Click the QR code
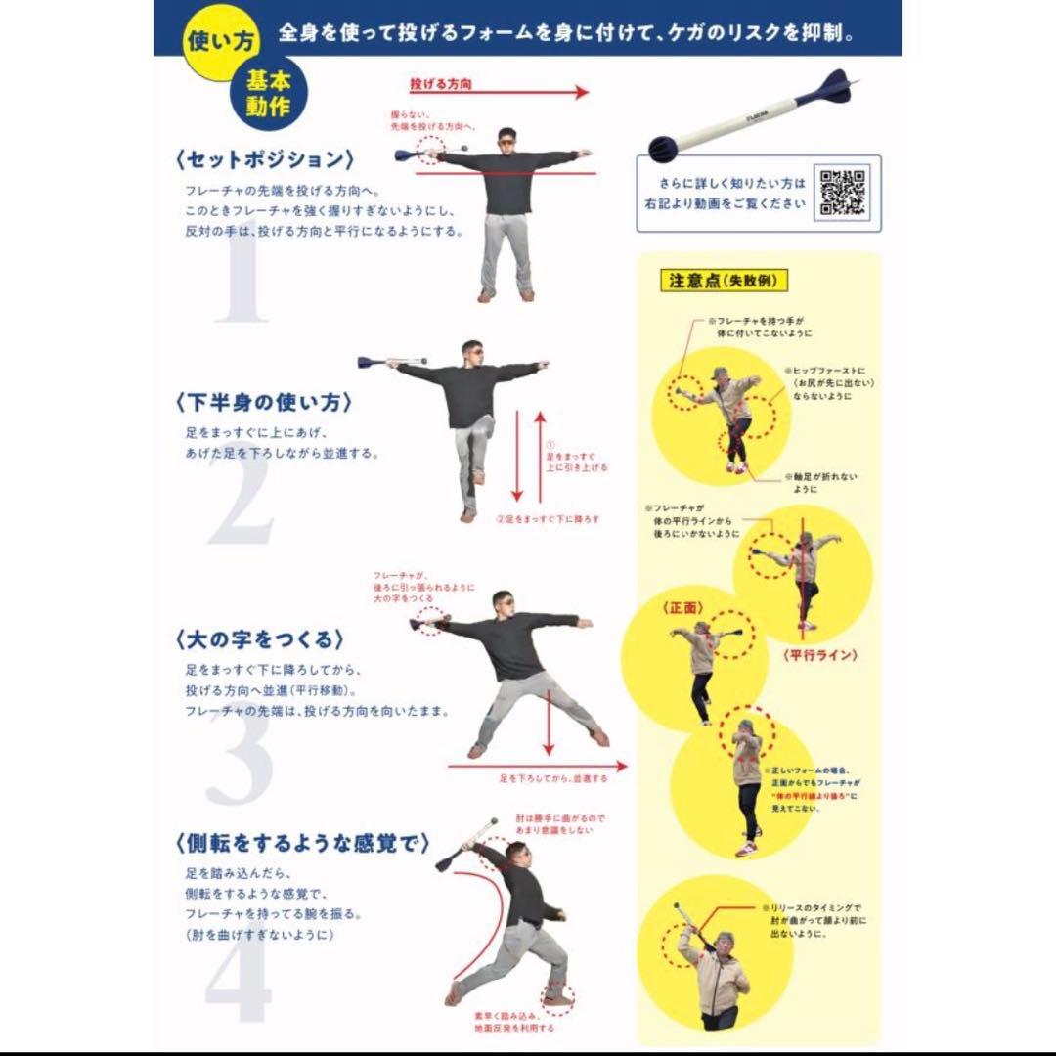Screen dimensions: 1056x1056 tap(843, 193)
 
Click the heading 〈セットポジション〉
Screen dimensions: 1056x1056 tap(264, 159)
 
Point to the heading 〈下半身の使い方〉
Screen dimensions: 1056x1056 tap(264, 402)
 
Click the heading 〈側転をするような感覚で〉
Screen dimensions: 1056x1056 tap(302, 843)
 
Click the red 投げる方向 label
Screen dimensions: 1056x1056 tap(441, 85)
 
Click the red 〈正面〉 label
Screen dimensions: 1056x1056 tap(683, 607)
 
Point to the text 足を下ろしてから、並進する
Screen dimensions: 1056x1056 tap(553, 778)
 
